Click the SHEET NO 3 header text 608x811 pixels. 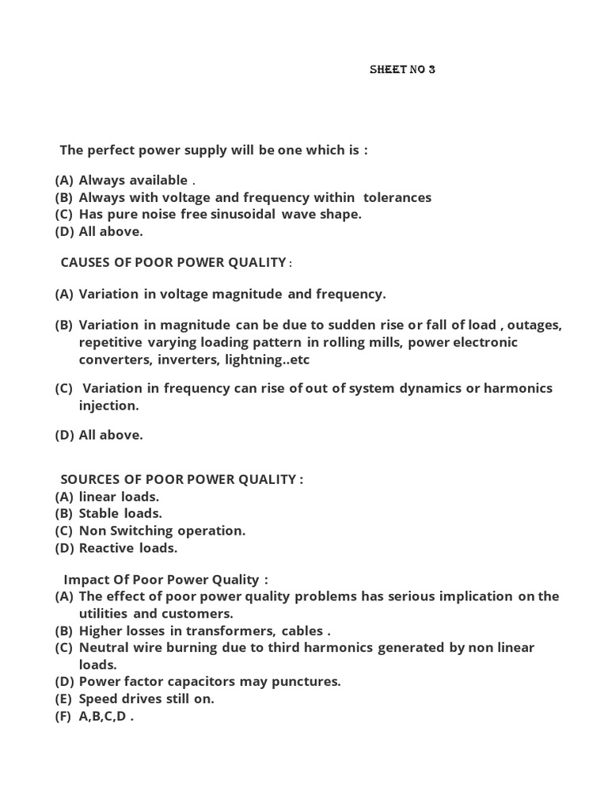pos(402,69)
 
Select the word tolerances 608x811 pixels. pos(397,197)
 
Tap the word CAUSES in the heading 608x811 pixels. pos(85,262)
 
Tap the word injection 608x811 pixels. pos(108,405)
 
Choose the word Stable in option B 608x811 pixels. pos(99,513)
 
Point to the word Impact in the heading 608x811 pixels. pos(86,580)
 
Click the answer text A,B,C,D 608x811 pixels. pos(103,716)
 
